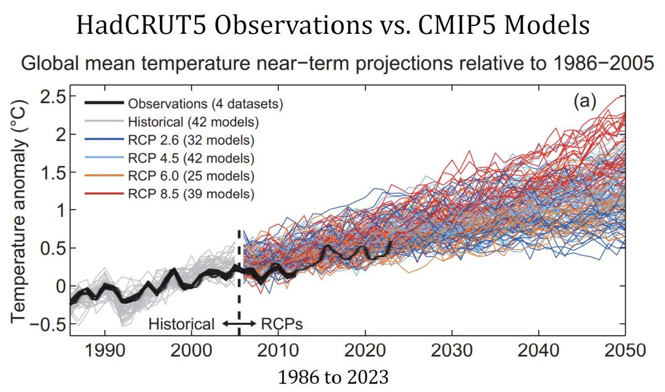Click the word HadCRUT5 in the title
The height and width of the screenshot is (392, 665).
[x=142, y=26]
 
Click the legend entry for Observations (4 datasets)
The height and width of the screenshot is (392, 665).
[x=184, y=104]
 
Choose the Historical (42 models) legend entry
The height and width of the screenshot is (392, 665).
[x=172, y=122]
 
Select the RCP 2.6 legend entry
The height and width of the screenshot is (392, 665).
[x=170, y=140]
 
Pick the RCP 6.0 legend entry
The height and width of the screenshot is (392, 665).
[x=170, y=176]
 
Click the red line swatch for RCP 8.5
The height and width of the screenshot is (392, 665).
[x=104, y=194]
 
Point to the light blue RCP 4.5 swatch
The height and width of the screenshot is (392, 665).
[x=104, y=158]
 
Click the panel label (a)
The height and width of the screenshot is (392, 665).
[x=585, y=101]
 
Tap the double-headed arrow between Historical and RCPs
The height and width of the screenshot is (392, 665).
[x=240, y=324]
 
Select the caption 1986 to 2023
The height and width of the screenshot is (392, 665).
[x=333, y=377]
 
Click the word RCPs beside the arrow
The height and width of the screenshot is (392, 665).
[x=282, y=324]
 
